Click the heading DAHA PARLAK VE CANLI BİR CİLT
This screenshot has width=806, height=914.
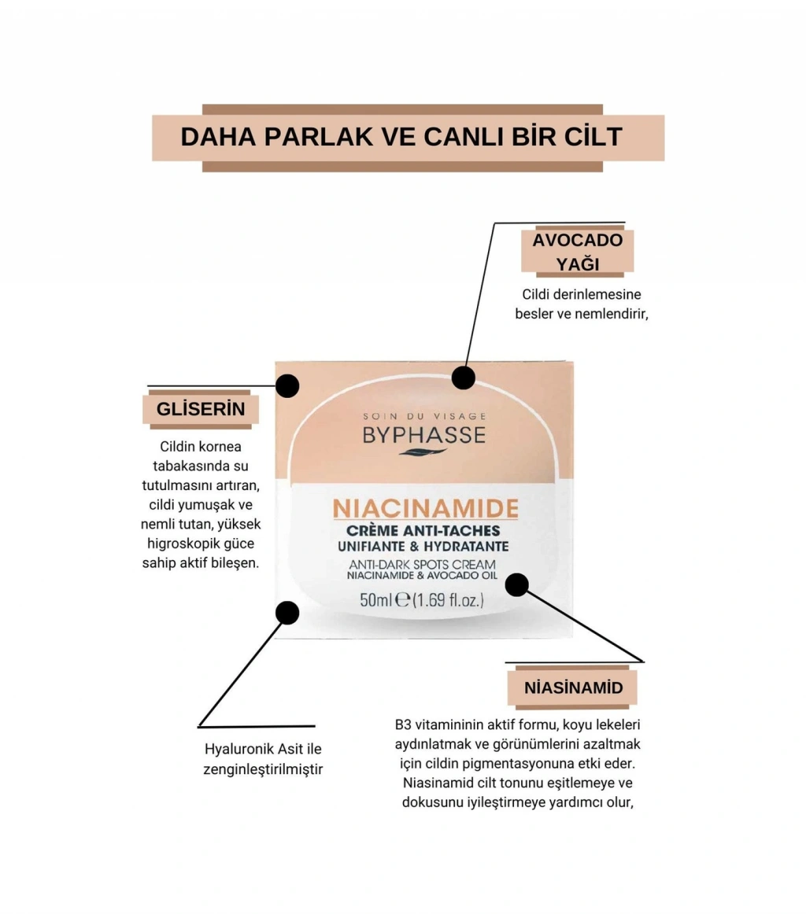tap(402, 137)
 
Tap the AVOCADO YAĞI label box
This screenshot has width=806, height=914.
tap(578, 252)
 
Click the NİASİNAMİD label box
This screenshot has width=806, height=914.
tap(573, 688)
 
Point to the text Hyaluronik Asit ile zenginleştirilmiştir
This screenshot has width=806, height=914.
tap(263, 759)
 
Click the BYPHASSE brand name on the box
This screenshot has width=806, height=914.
tap(423, 435)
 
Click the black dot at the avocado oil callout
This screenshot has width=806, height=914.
tap(464, 377)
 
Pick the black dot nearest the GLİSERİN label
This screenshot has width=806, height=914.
tap(288, 385)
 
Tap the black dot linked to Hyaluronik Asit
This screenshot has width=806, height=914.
tap(288, 613)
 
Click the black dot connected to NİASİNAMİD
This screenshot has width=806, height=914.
tap(516, 584)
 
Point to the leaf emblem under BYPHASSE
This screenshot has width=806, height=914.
tap(423, 451)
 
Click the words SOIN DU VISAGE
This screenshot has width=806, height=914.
tap(424, 416)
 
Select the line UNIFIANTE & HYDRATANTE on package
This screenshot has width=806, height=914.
tap(425, 547)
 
